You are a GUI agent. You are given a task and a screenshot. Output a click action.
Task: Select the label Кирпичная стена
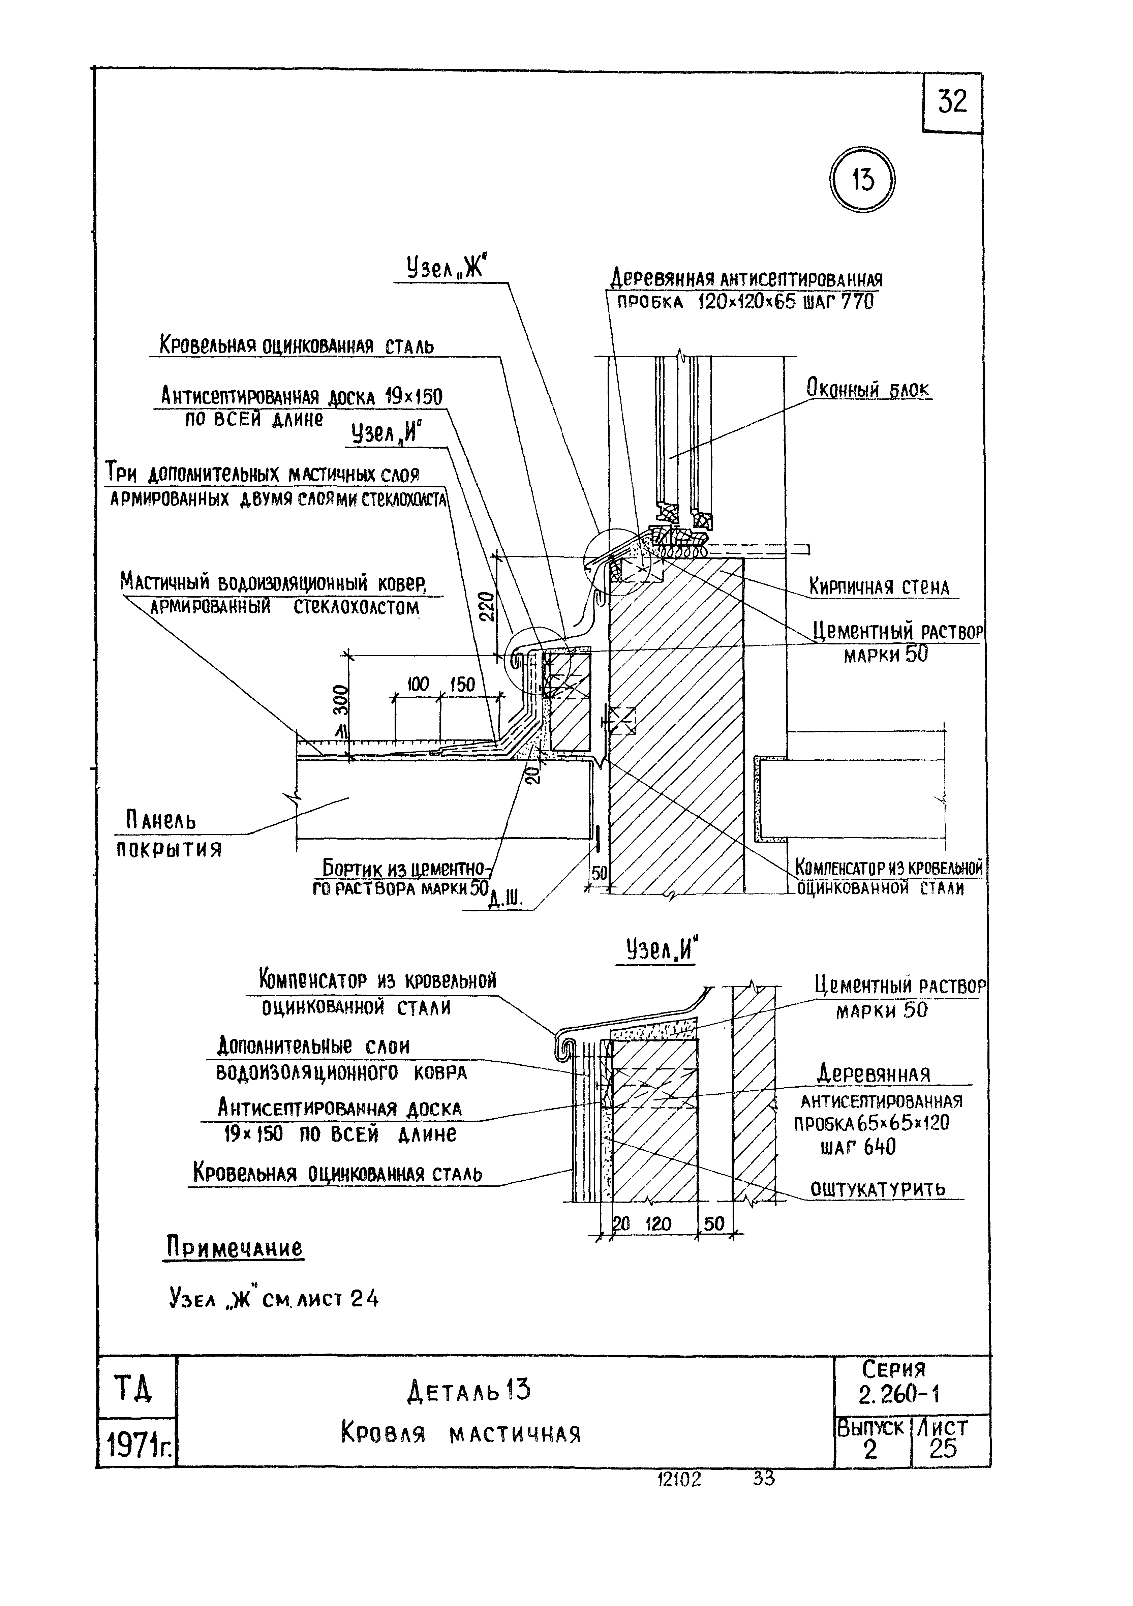click(879, 586)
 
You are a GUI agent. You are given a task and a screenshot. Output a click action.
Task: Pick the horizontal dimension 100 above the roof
click(418, 685)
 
